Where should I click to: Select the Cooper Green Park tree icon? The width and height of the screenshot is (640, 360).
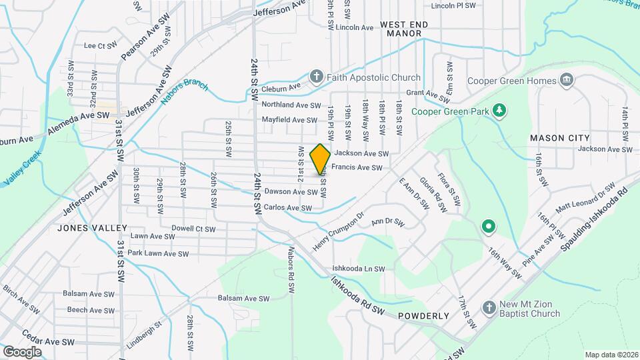click(498, 111)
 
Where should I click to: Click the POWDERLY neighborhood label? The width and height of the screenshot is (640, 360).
click(423, 316)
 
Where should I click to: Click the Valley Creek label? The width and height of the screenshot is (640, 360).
click(23, 168)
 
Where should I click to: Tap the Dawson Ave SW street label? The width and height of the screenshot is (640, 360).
click(291, 192)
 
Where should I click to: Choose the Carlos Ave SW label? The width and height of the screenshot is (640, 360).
click(288, 208)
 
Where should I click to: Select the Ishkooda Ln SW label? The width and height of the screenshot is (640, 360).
click(359, 269)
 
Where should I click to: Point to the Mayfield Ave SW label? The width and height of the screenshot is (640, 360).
click(289, 120)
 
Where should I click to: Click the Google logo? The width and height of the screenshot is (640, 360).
click(22, 351)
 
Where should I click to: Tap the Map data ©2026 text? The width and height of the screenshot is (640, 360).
click(611, 355)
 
